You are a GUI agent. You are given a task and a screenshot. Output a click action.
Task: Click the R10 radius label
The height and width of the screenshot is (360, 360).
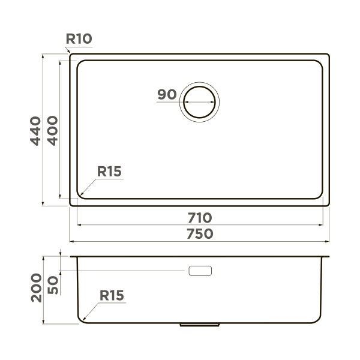tap(79, 39)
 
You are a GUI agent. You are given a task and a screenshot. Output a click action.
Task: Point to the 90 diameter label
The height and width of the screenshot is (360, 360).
tap(166, 94)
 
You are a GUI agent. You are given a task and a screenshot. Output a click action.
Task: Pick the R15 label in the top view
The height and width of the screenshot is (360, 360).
tap(109, 172)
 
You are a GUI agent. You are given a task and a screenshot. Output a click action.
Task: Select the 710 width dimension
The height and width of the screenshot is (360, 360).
tap(200, 217)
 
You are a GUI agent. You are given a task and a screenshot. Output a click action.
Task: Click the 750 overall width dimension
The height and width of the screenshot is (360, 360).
tap(200, 233)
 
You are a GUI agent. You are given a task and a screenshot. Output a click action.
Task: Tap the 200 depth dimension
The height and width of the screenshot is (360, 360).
tap(36, 287)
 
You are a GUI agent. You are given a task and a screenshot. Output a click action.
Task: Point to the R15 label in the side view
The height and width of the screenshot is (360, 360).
tap(112, 295)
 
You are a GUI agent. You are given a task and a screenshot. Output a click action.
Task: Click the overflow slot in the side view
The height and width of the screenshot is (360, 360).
tap(200, 271)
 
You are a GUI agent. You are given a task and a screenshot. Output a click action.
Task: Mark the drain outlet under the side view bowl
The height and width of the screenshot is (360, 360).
tap(200, 325)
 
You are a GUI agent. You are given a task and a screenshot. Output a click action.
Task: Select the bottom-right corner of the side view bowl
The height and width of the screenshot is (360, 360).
tap(319, 320)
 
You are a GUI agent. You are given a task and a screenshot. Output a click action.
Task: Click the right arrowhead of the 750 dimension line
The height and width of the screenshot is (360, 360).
tap(328, 242)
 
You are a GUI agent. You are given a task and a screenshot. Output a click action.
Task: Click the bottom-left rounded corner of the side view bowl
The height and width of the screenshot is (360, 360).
tap(80, 320)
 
